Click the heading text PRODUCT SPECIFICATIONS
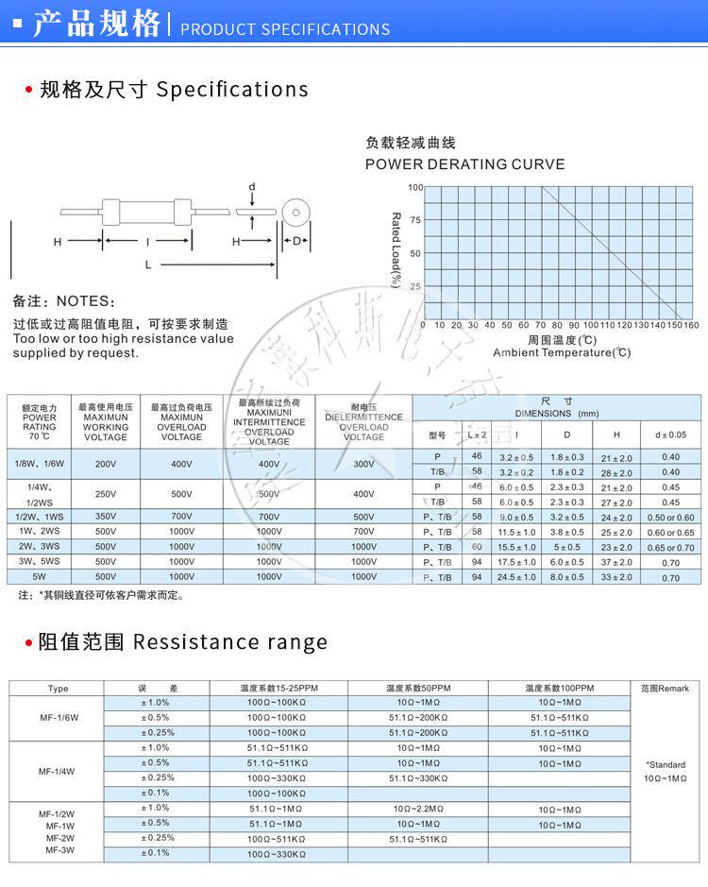point(284,29)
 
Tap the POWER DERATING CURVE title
point(464,164)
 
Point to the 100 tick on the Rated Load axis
point(415,187)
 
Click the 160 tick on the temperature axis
point(690,326)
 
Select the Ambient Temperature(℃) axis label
point(561,352)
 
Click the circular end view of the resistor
point(295,213)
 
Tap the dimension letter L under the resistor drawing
point(148,265)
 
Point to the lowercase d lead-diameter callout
point(252,187)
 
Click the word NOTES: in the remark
point(85,301)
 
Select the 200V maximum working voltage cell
point(106,464)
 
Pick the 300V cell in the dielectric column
point(363,464)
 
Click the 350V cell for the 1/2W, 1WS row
point(106,517)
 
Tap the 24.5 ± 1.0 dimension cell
point(515,577)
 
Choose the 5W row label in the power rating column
point(39,576)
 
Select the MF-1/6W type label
point(58,718)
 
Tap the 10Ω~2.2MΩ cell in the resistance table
point(417,809)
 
